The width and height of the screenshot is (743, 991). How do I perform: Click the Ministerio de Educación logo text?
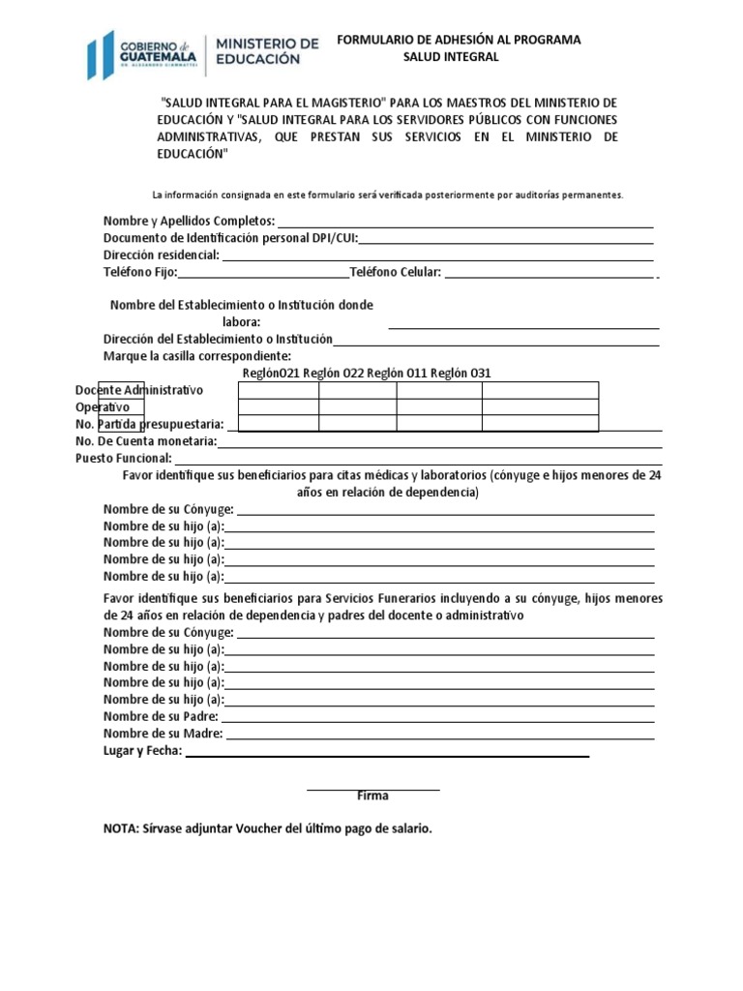click(x=266, y=51)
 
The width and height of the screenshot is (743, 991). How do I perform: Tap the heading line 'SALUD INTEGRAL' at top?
click(x=451, y=57)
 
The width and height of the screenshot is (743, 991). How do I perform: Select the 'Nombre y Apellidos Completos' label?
click(x=190, y=221)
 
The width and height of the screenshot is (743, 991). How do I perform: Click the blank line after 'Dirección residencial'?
click(x=437, y=256)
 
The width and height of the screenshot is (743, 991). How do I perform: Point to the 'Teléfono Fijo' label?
click(x=140, y=273)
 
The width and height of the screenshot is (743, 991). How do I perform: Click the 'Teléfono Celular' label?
click(x=395, y=273)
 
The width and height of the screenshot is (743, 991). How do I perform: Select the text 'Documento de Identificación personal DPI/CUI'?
click(x=230, y=238)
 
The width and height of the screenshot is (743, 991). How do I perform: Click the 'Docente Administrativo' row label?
click(x=139, y=390)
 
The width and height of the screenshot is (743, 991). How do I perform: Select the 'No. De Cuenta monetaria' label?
click(x=146, y=441)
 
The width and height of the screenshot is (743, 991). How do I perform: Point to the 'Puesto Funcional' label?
click(x=124, y=458)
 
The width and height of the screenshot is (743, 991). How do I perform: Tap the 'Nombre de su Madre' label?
click(x=163, y=734)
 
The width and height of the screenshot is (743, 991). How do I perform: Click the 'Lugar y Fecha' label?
click(x=142, y=751)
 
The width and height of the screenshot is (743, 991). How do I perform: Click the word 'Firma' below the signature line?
click(x=372, y=796)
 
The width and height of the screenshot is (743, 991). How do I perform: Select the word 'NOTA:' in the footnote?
click(x=121, y=829)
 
